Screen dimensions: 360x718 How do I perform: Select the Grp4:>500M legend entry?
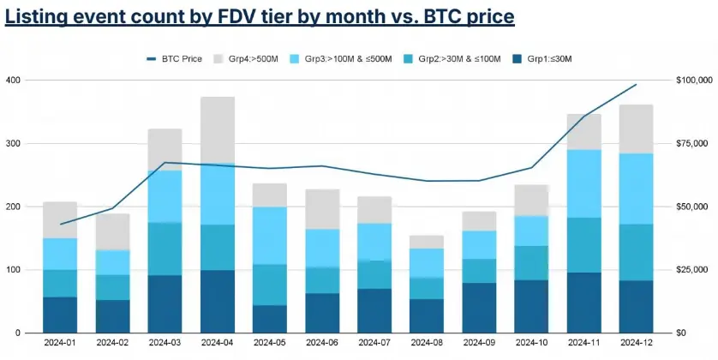(248, 59)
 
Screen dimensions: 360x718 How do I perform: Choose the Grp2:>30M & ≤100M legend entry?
(447, 59)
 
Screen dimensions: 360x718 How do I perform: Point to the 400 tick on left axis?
(13, 80)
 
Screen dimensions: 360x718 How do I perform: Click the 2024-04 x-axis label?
(218, 343)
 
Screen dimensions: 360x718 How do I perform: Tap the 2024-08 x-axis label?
(426, 343)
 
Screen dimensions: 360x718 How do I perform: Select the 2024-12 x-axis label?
(636, 343)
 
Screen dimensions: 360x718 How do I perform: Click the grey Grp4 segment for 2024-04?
(218, 129)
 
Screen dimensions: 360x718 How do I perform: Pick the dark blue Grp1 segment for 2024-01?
(60, 315)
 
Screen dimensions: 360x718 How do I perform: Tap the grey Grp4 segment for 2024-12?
(636, 129)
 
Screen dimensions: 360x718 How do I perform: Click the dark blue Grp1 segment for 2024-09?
(478, 308)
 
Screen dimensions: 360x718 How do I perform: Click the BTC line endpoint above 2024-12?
(636, 85)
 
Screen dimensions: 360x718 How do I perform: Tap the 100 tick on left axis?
(13, 270)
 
